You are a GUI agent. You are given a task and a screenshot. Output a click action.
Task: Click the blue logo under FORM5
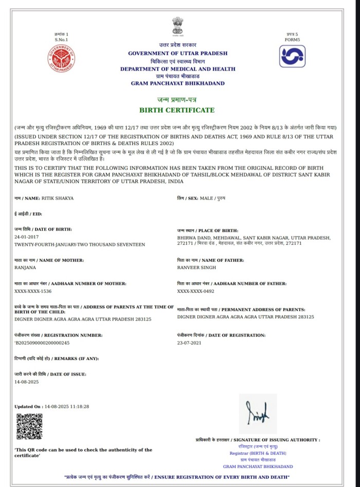(x=293, y=56)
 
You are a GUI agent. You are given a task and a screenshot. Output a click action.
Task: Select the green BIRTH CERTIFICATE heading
(x=177, y=110)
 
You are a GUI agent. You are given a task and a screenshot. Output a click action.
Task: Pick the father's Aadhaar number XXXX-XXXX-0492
(x=195, y=291)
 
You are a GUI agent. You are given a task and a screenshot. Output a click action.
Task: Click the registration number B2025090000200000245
(x=42, y=342)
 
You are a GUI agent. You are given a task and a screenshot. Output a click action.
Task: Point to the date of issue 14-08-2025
(x=27, y=382)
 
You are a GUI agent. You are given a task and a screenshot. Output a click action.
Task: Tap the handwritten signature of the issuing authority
(x=258, y=414)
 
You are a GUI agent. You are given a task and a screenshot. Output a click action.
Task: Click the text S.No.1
(x=61, y=40)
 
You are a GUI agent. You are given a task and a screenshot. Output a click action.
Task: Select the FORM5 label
(x=292, y=40)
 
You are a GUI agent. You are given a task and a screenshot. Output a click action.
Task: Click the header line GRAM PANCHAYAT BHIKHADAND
(x=177, y=83)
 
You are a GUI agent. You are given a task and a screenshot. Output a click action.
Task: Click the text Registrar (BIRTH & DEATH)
(x=258, y=453)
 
